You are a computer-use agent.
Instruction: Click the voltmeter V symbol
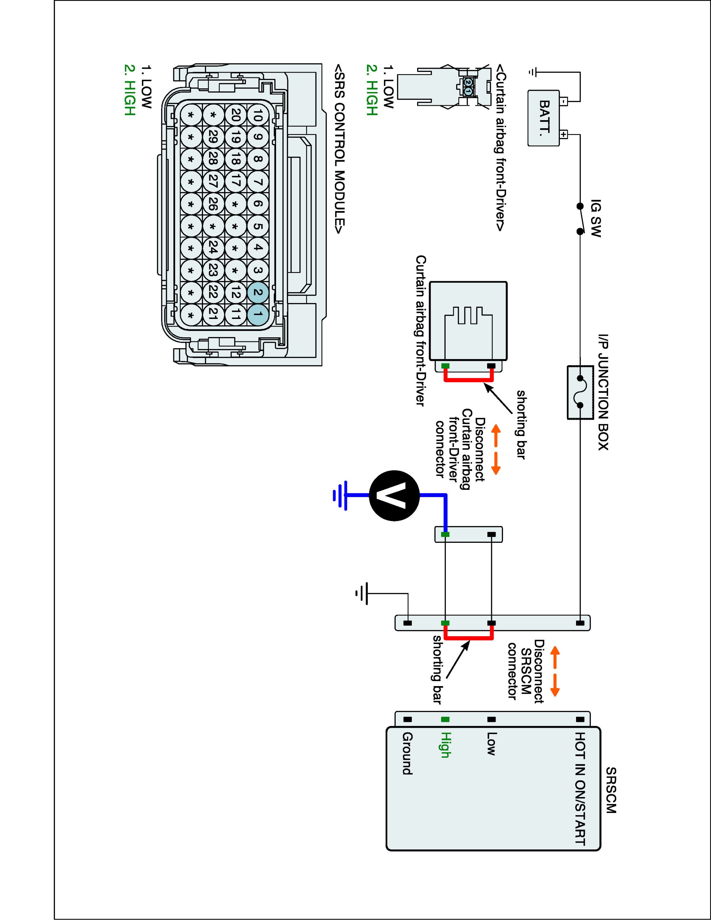[x=394, y=495]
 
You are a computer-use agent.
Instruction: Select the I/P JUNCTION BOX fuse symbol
[x=580, y=392]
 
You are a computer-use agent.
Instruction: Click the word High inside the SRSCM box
[x=445, y=745]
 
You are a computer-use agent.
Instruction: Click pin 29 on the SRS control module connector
[x=213, y=137]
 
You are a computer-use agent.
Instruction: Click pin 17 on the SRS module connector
[x=236, y=181]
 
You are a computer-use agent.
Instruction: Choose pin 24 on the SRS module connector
[x=213, y=248]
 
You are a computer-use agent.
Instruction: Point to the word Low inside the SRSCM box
[x=491, y=743]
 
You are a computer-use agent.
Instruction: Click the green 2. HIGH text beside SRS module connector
[x=130, y=90]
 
